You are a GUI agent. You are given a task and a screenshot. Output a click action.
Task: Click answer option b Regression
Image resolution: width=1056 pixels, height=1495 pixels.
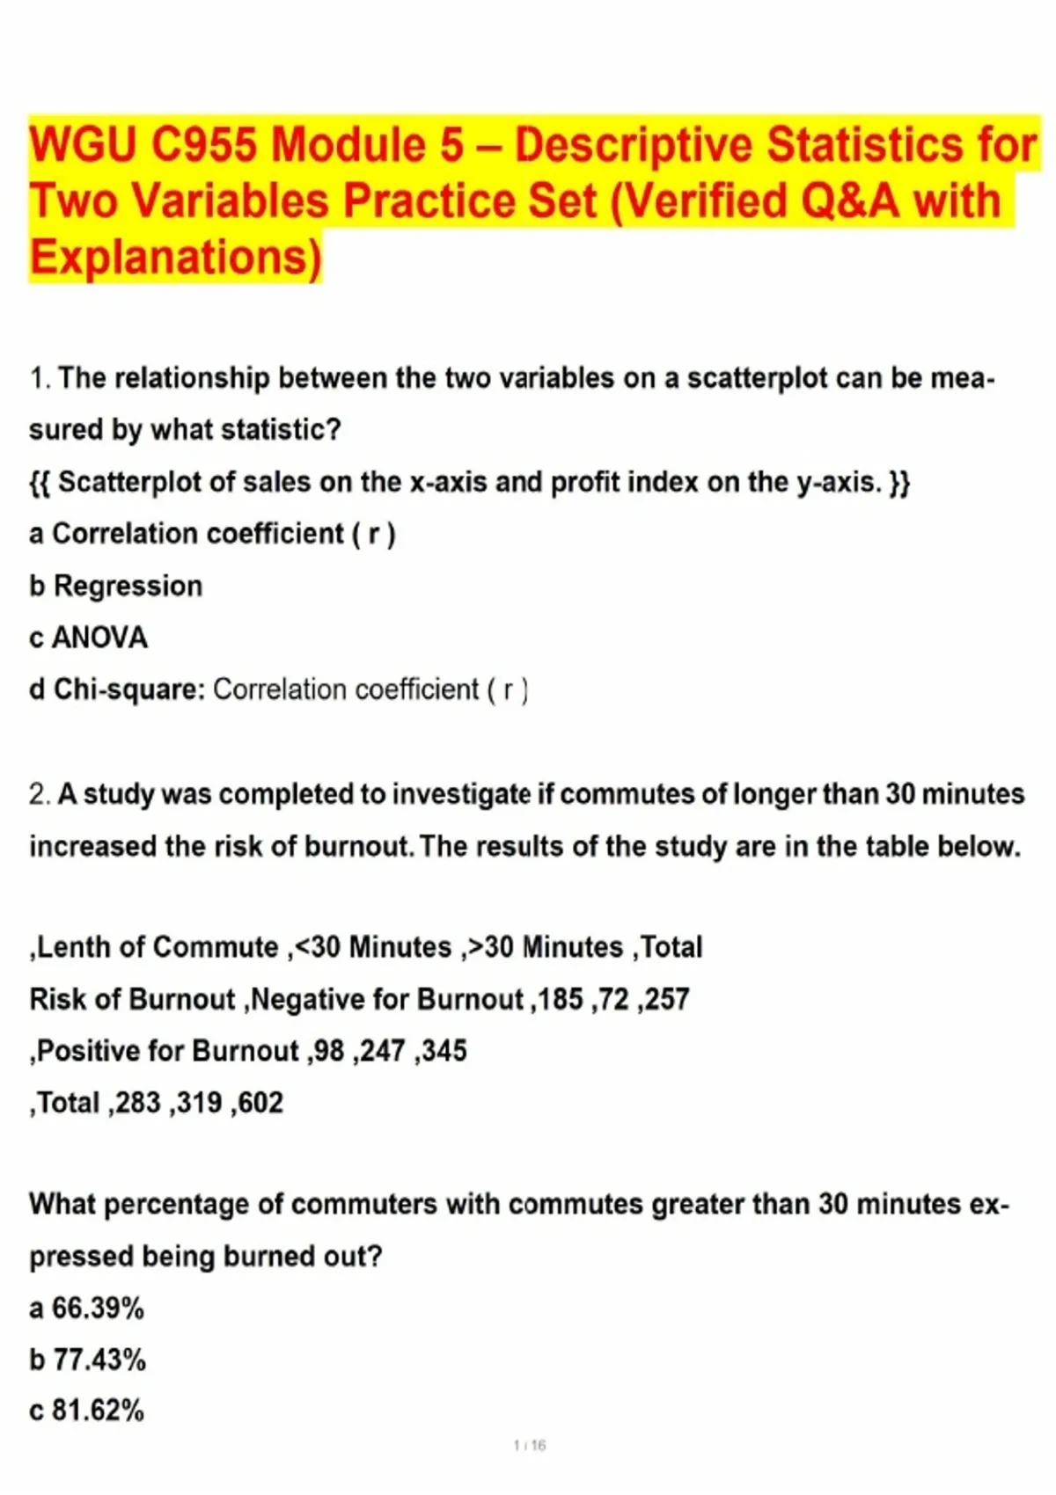point(116,586)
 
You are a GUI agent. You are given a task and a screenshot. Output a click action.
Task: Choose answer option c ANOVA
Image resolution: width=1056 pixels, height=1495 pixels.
point(88,638)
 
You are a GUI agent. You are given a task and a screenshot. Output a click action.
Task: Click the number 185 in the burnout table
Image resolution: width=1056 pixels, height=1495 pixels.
point(561,999)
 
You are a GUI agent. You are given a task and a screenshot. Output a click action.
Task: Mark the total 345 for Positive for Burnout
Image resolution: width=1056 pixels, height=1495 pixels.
point(444,1051)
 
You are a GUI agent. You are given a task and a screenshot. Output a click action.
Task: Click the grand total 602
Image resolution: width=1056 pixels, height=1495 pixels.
point(260,1103)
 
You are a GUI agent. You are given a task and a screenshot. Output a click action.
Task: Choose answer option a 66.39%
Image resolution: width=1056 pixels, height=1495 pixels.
point(87,1308)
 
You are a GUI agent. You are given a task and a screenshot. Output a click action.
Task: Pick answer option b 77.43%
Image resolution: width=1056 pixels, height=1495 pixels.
point(88,1360)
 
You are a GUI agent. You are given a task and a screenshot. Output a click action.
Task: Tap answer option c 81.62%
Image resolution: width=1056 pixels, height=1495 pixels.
point(87,1411)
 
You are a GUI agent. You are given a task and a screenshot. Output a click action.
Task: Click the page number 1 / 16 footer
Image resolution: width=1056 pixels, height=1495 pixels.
point(530,1445)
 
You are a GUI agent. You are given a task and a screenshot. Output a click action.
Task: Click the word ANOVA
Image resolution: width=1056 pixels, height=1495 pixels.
point(99,638)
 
